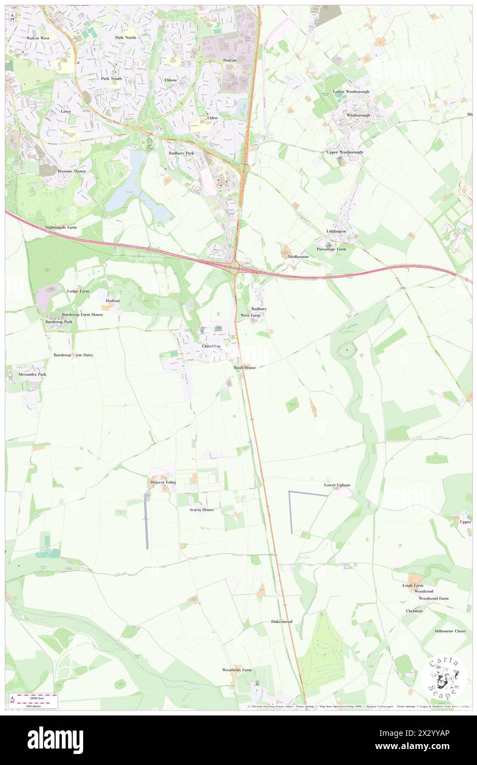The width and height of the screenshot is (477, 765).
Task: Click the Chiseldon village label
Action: (211, 346)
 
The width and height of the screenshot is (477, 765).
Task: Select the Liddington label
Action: (336, 231)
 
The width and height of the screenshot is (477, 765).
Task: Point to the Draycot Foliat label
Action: (162, 482)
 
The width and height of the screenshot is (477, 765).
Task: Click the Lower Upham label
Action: (337, 485)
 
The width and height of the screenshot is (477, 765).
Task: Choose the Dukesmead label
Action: (281, 621)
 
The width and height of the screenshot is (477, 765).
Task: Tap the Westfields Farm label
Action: (237, 670)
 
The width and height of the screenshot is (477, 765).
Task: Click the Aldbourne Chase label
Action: (449, 631)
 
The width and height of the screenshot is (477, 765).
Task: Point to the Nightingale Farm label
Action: (61, 227)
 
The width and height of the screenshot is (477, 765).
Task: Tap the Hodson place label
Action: (112, 300)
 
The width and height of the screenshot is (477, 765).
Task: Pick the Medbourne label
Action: (299, 256)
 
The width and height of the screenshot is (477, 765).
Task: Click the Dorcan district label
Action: (230, 59)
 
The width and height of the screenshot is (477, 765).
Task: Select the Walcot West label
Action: (38, 38)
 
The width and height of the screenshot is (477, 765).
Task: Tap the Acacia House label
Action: (202, 510)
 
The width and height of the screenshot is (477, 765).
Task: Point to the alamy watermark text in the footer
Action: (55, 740)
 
